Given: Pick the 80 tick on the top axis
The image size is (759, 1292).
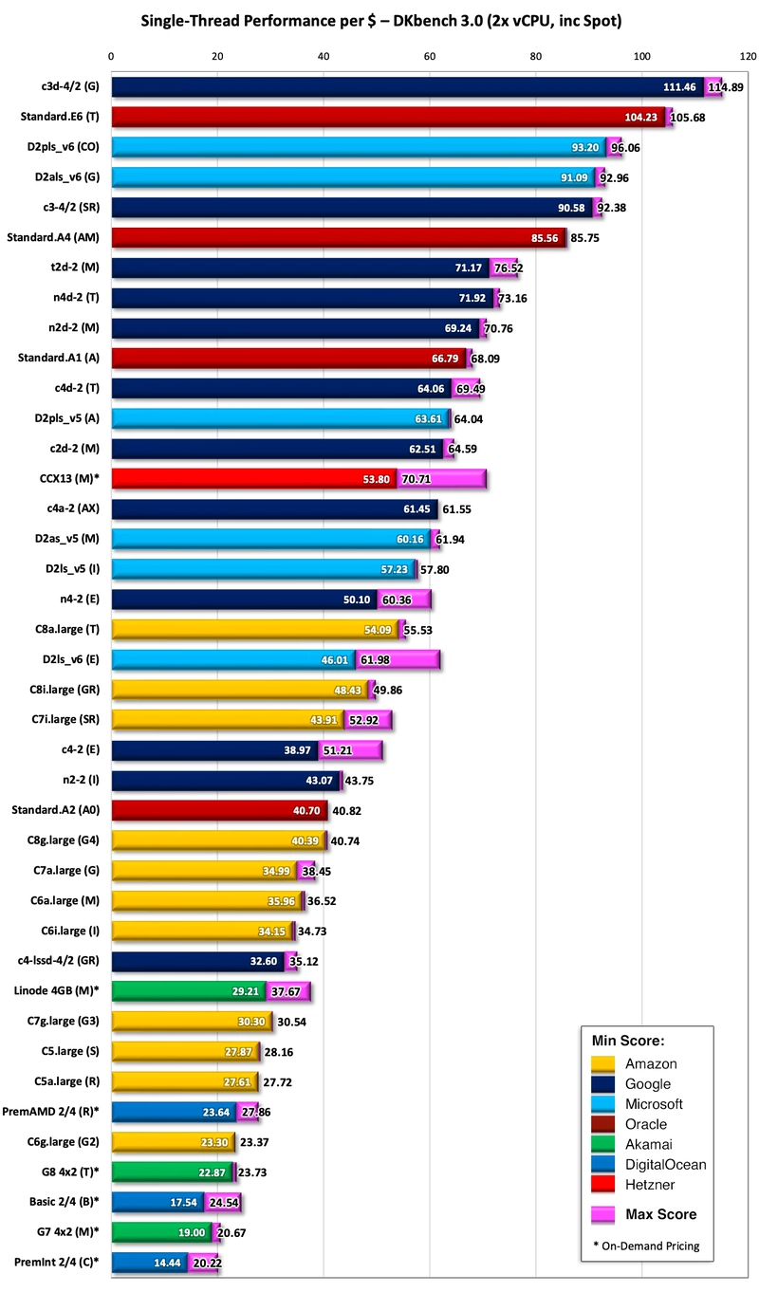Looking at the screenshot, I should [x=536, y=57].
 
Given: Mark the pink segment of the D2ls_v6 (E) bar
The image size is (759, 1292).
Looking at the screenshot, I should [x=397, y=658].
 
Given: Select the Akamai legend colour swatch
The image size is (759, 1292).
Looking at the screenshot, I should [x=603, y=1144].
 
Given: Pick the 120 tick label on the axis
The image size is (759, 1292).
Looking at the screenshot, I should [x=748, y=57].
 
